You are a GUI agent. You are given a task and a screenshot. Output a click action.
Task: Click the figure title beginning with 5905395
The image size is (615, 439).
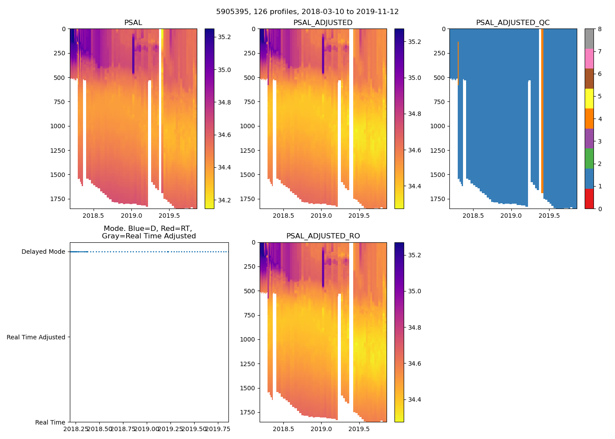[x=307, y=12]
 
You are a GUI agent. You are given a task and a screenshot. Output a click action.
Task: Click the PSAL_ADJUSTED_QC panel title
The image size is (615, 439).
[x=513, y=23]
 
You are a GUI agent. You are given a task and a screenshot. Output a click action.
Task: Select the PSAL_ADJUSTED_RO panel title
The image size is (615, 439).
[x=323, y=236]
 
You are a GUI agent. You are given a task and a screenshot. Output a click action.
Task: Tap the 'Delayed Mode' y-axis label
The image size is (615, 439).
[x=43, y=252]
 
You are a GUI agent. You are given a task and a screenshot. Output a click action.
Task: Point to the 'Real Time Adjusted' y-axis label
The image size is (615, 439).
[x=36, y=337]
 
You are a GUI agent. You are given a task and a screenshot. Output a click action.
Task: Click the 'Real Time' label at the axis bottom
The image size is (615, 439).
[x=50, y=422]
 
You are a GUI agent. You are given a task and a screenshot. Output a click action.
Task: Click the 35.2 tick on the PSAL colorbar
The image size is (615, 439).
[x=224, y=37]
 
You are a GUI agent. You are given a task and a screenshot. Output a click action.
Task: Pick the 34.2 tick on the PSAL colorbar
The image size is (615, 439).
[x=224, y=200]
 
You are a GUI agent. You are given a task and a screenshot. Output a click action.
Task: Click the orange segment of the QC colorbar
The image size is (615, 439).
[x=589, y=119]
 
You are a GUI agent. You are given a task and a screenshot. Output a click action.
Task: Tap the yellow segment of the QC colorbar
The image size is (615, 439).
[x=589, y=98]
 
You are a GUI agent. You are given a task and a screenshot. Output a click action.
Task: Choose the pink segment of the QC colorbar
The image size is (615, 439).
[x=589, y=58]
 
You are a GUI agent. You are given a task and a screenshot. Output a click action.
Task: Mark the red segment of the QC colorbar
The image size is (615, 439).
[x=589, y=198]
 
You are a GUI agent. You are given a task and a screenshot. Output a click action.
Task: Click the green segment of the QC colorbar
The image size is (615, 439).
[x=589, y=158]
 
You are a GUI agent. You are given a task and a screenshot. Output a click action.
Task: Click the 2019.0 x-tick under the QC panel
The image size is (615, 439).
[x=511, y=216]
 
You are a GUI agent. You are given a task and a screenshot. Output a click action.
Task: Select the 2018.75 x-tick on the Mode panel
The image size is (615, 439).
[x=123, y=429]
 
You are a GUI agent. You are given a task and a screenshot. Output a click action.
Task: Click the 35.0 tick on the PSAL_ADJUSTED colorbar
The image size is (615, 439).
[x=415, y=78]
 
